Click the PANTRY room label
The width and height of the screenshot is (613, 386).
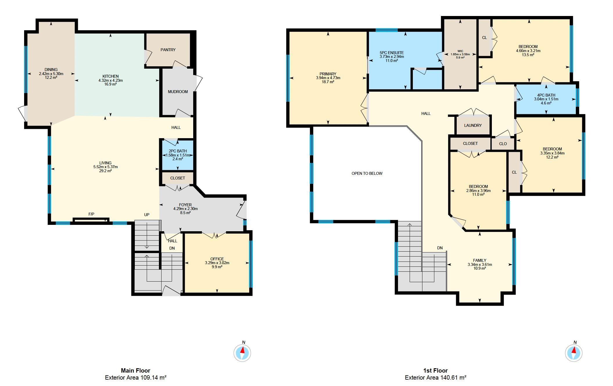[x=168, y=50]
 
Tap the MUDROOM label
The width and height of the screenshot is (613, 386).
[x=178, y=92]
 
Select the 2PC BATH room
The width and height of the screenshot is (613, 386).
[x=178, y=155]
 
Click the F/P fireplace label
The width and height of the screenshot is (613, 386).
[x=91, y=214]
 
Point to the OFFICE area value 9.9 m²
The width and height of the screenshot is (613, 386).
[x=217, y=267]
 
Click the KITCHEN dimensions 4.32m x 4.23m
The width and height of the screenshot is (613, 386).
[x=111, y=80]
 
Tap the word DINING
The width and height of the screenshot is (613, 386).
[x=51, y=70]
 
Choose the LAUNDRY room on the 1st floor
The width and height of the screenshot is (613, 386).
[x=473, y=125]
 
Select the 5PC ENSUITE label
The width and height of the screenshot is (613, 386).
[x=392, y=53]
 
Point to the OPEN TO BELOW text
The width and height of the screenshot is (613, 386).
[x=367, y=173]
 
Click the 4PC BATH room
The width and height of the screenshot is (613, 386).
[x=546, y=99]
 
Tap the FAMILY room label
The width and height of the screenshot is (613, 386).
[x=480, y=260]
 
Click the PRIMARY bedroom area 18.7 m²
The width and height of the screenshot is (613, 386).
[x=328, y=82]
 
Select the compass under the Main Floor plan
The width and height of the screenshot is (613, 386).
[x=242, y=353]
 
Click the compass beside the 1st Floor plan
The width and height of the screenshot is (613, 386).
[x=574, y=353]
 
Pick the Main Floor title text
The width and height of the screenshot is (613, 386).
[x=136, y=371]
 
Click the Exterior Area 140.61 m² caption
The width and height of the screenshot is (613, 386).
[x=435, y=378]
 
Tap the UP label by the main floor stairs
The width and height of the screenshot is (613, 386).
[x=147, y=215]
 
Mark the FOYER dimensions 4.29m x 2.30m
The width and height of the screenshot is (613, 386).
[x=185, y=209]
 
